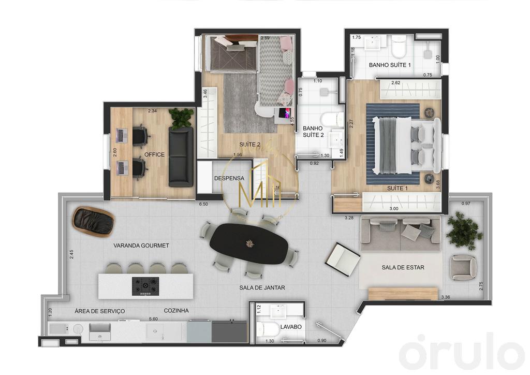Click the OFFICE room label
[154, 154]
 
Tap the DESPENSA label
[229, 178]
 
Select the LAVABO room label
[291, 327]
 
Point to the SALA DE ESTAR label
[403, 268]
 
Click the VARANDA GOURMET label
[141, 246]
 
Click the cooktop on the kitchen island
[145, 286]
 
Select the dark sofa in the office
[181, 156]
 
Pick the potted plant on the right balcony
[460, 227]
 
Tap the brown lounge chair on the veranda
[94, 221]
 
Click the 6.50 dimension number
[204, 204]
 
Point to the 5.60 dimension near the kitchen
[153, 319]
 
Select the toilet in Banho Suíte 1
[399, 46]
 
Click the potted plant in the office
[181, 118]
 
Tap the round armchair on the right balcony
[463, 267]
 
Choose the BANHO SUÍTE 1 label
[390, 65]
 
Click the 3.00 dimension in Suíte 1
[394, 208]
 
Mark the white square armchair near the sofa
[343, 258]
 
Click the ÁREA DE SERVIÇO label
[100, 311]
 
